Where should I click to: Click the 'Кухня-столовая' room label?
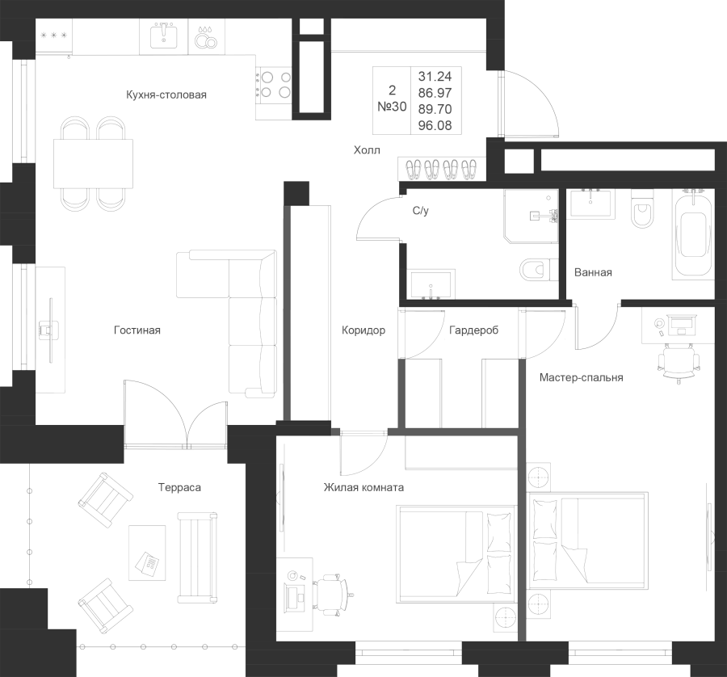[x=167, y=95]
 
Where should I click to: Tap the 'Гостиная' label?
[x=137, y=330]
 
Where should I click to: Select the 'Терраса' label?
[x=179, y=487]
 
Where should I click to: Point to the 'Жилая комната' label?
[x=363, y=487]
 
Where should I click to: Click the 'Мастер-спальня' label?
[x=582, y=377]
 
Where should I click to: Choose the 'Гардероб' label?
[x=474, y=330]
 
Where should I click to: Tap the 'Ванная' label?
[x=592, y=272]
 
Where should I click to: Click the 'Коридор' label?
[x=363, y=330]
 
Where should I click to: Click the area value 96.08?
[x=435, y=125]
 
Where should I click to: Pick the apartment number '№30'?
[x=392, y=106]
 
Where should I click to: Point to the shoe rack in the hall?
[x=441, y=169]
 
